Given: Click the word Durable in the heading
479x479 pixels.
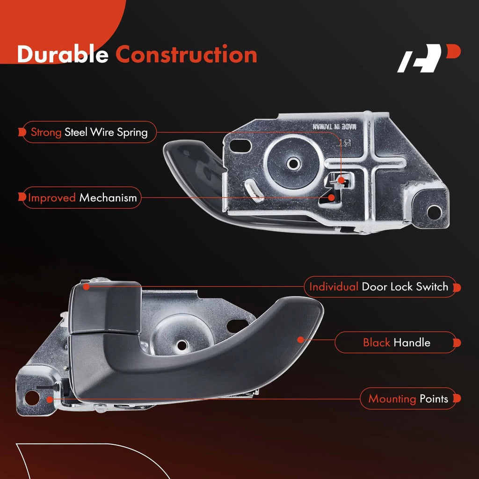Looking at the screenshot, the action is click(x=63, y=54).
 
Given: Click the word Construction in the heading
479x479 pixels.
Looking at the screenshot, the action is click(x=186, y=54).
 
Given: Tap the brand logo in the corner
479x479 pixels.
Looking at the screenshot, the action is click(x=428, y=58).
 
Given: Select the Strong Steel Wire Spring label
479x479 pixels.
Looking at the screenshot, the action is click(x=89, y=132).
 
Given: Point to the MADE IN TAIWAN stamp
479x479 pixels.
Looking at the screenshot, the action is click(x=334, y=126).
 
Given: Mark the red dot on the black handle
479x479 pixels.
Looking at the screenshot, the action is click(x=301, y=340).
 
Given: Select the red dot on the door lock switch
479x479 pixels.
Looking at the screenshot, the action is click(x=86, y=287).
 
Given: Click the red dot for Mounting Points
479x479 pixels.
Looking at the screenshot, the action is click(x=50, y=399).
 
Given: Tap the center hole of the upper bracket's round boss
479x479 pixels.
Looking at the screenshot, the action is click(x=293, y=163).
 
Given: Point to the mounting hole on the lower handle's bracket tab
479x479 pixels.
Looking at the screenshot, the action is click(x=32, y=398).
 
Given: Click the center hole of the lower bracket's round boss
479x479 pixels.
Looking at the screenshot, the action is click(x=182, y=345).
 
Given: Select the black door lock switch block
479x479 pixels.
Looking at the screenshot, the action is click(x=105, y=307).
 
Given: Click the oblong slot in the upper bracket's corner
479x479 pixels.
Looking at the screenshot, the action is click(x=240, y=146).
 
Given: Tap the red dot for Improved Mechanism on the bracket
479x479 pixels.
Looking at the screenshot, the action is click(x=332, y=198).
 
